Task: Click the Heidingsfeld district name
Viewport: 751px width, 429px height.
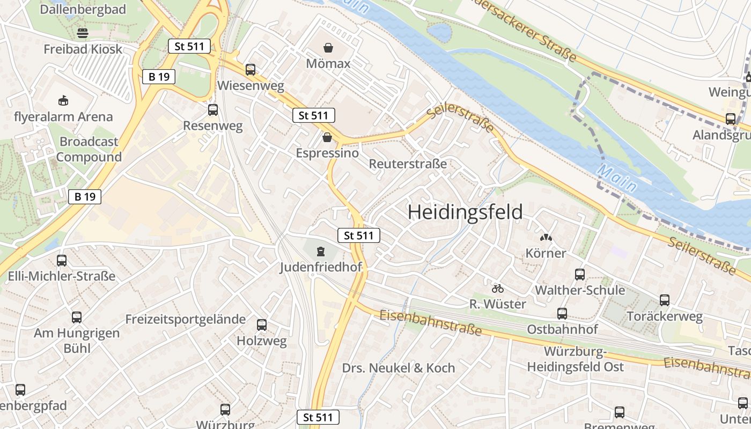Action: click(465, 212)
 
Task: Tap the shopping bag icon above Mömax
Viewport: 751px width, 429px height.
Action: click(328, 48)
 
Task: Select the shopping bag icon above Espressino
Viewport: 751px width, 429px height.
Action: click(327, 138)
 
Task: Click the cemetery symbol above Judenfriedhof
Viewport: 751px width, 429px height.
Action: click(321, 251)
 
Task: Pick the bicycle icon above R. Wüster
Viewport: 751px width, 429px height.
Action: click(498, 289)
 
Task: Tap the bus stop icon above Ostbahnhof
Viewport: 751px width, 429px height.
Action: click(562, 314)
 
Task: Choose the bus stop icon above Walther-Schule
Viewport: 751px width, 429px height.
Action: click(580, 275)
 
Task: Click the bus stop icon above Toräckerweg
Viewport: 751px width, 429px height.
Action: click(665, 300)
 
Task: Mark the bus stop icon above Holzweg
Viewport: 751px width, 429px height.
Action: click(262, 325)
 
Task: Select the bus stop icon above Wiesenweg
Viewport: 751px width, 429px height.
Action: click(251, 70)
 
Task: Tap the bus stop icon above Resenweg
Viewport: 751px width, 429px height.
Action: click(213, 110)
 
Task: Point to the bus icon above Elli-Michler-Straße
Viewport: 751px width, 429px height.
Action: click(62, 261)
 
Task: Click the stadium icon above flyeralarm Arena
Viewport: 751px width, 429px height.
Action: click(63, 100)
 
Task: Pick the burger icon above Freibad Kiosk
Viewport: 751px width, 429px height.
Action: click(83, 33)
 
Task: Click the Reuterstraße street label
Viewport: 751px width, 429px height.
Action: click(408, 164)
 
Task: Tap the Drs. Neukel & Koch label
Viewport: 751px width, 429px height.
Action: click(398, 368)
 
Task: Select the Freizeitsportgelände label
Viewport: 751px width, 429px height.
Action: click(185, 320)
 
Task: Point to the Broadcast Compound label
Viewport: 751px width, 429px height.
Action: click(89, 149)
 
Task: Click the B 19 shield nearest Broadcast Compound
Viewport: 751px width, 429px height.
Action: click(85, 197)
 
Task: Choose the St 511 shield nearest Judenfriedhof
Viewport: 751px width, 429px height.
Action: click(359, 235)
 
